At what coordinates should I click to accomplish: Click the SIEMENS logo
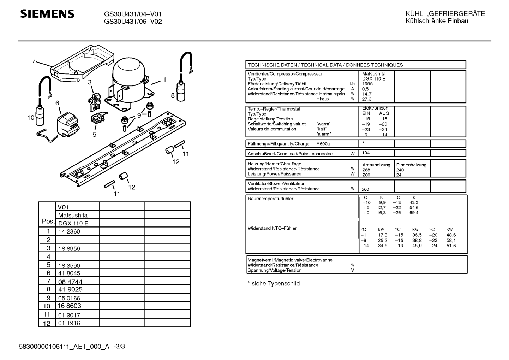[47, 14]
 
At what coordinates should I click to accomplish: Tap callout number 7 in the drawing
[34, 61]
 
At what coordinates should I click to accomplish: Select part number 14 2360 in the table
[69, 231]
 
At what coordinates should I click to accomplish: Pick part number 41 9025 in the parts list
[70, 289]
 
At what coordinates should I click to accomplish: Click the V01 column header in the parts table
[63, 207]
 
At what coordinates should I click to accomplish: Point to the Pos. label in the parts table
[48, 221]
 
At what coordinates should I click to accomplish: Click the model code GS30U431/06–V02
[133, 22]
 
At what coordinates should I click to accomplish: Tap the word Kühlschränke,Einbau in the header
[437, 21]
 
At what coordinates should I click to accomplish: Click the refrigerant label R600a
[323, 144]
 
